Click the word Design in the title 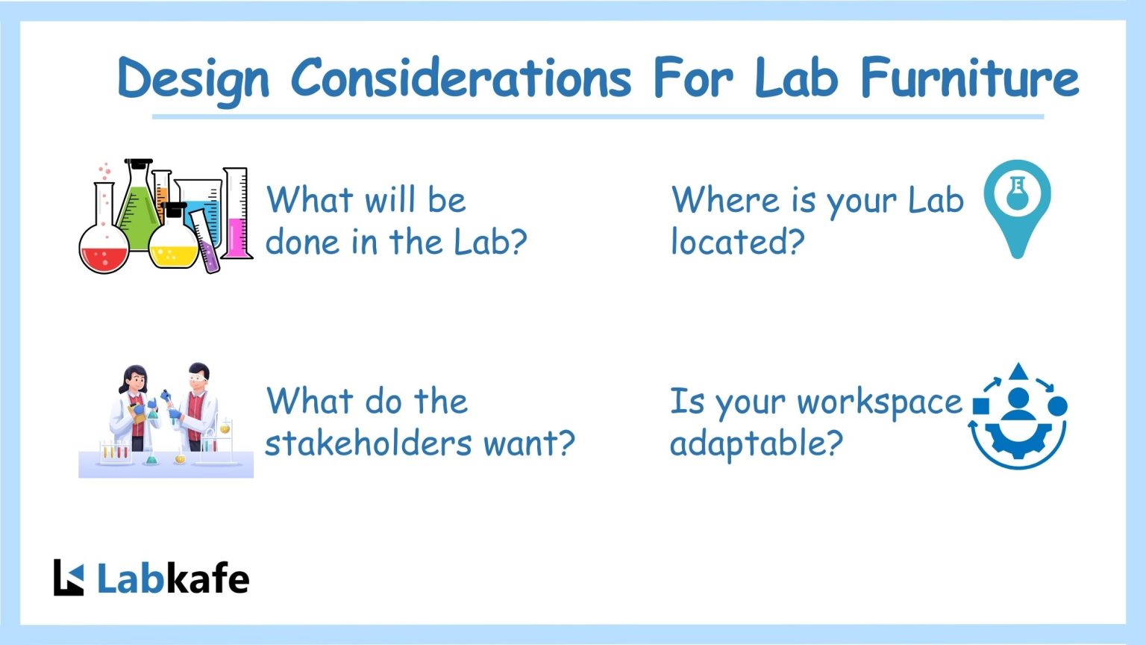(x=192, y=78)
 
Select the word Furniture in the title (x=969, y=77)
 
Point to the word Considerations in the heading (x=460, y=77)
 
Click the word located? (x=737, y=242)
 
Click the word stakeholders (x=369, y=443)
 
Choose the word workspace (x=880, y=402)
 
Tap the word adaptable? (x=756, y=443)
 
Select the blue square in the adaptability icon (x=981, y=406)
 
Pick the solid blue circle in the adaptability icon (x=1057, y=406)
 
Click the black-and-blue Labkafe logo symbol (x=69, y=578)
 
